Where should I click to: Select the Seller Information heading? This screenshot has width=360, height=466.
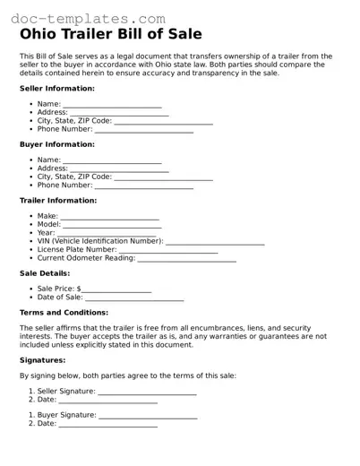(56, 89)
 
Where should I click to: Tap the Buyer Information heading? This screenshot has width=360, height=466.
(56, 144)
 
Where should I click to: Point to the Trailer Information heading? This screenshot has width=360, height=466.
(58, 201)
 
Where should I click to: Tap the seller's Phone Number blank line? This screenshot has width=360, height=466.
(143, 131)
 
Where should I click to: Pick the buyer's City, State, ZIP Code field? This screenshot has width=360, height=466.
(164, 177)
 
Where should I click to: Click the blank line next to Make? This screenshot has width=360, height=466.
(109, 218)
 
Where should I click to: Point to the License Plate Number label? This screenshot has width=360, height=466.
(77, 250)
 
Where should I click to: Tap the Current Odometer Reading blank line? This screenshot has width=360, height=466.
(187, 260)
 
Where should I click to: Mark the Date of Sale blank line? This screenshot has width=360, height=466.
(134, 298)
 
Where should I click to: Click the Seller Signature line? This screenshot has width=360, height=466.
(147, 393)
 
